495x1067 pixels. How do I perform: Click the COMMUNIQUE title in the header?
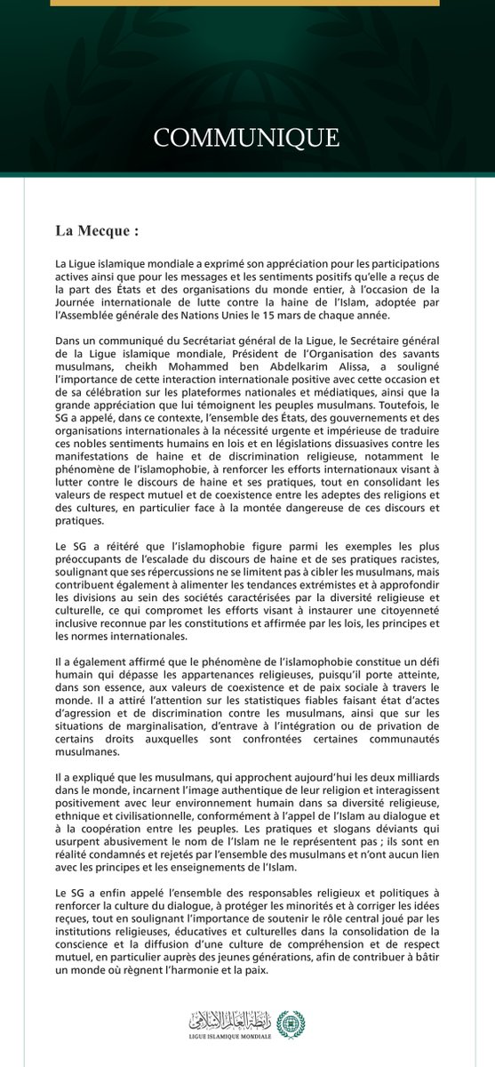[247, 139]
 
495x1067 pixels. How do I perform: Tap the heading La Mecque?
[98, 231]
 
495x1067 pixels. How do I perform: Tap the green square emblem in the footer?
[291, 1023]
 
